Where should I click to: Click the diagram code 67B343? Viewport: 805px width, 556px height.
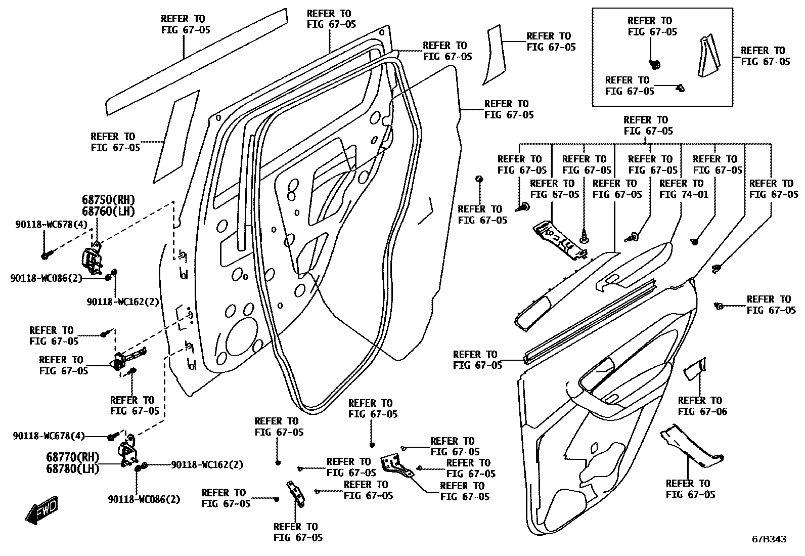[769, 539]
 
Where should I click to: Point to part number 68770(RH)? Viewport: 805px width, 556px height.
[72, 457]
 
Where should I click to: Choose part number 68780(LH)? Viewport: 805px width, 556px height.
[72, 469]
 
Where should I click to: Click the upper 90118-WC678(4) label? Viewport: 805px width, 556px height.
[52, 225]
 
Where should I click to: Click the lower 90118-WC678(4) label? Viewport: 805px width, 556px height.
[49, 436]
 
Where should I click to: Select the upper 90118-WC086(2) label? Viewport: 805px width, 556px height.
[47, 278]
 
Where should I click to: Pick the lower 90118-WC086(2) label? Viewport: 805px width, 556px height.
[144, 499]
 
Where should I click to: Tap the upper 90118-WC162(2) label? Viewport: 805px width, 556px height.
[123, 302]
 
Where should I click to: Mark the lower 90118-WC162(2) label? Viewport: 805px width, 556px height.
[207, 465]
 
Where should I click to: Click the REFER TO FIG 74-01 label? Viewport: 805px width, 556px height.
[684, 189]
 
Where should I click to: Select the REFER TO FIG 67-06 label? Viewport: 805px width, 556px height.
[702, 406]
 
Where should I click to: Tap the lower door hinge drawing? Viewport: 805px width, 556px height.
[128, 451]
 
